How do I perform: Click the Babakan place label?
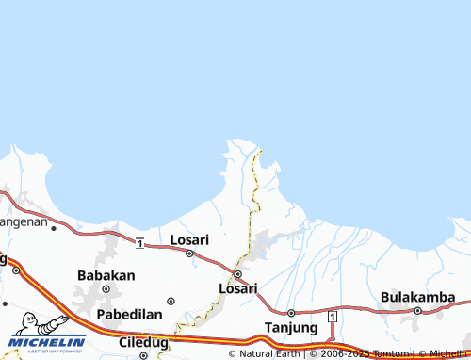106,276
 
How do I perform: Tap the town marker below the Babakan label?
106,288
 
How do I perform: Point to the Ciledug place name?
144,342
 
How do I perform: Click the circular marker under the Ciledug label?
144,356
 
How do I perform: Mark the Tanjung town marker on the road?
291,313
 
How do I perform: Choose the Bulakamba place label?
417,297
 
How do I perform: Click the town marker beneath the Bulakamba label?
417,310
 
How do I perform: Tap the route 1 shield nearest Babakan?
139,244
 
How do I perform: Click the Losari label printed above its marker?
188,240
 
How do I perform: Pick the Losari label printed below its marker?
237,288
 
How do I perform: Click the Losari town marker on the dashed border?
237,274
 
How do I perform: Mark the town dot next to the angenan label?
54,227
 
